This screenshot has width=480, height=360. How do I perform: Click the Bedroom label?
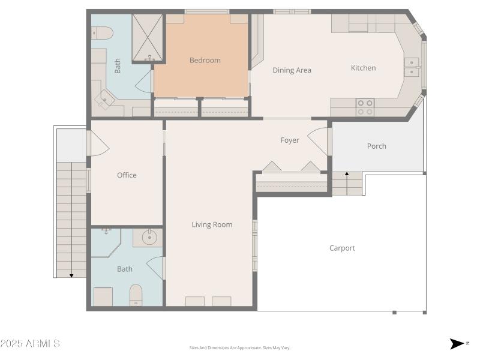pyautogui.click(x=205, y=60)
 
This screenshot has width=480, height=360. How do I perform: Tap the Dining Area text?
pyautogui.click(x=292, y=70)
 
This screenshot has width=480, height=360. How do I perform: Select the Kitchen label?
pyautogui.click(x=363, y=68)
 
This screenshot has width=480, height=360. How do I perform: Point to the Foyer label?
pyautogui.click(x=290, y=140)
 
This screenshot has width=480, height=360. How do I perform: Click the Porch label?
pyautogui.click(x=376, y=146)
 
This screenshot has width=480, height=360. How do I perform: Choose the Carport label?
pyautogui.click(x=342, y=248)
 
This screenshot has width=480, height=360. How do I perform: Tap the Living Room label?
pyautogui.click(x=212, y=224)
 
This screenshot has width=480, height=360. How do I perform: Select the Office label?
pyautogui.click(x=127, y=175)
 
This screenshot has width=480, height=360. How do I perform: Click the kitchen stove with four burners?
pyautogui.click(x=365, y=107)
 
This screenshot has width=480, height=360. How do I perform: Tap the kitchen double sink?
pyautogui.click(x=412, y=67)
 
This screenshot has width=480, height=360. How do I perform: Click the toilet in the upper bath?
pyautogui.click(x=102, y=32)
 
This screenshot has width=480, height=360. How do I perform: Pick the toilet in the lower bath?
pyautogui.click(x=136, y=295)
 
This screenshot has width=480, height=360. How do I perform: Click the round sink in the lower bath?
pyautogui.click(x=148, y=238)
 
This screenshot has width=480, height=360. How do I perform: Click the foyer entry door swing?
pyautogui.click(x=317, y=140)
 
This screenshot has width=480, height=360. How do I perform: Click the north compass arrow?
pyautogui.click(x=457, y=344)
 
